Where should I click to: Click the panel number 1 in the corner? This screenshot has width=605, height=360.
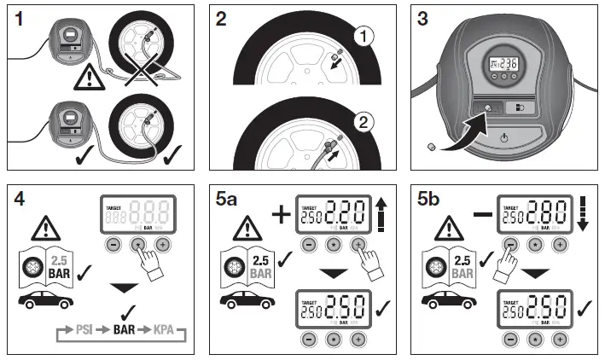(x=19, y=20)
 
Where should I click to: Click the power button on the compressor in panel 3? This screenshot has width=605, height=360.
(x=506, y=137)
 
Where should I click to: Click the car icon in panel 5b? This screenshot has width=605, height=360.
(x=444, y=301)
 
